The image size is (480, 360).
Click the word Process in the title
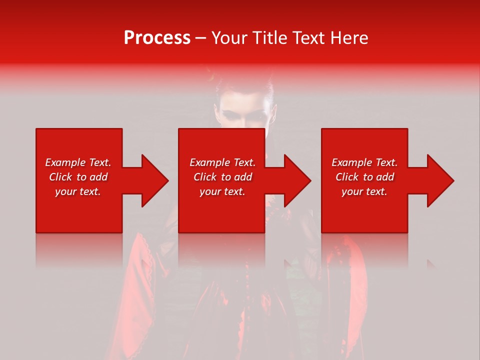(x=157, y=38)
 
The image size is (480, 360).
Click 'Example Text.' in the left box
(x=78, y=162)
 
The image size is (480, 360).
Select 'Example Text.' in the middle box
(x=222, y=162)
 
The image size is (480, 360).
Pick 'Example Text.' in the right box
(x=364, y=162)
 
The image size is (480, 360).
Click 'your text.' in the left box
(x=78, y=191)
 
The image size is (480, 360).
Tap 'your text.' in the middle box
(x=222, y=191)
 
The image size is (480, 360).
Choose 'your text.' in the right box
(x=364, y=191)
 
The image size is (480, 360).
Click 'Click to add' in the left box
(x=78, y=177)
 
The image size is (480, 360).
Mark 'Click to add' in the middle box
(x=222, y=177)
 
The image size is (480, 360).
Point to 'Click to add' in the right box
(x=364, y=177)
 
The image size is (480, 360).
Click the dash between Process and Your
(x=200, y=38)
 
